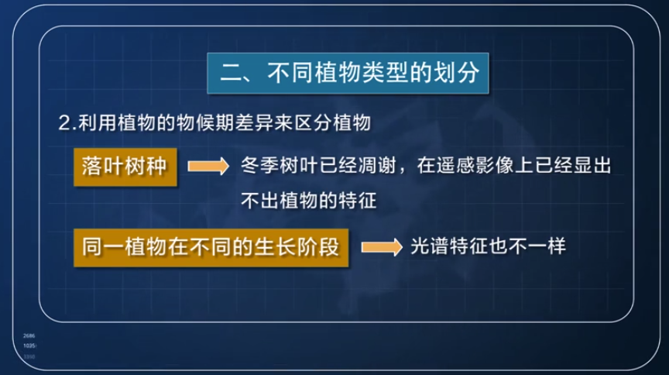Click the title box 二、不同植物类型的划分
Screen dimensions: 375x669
349,74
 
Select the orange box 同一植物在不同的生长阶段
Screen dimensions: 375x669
211,247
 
